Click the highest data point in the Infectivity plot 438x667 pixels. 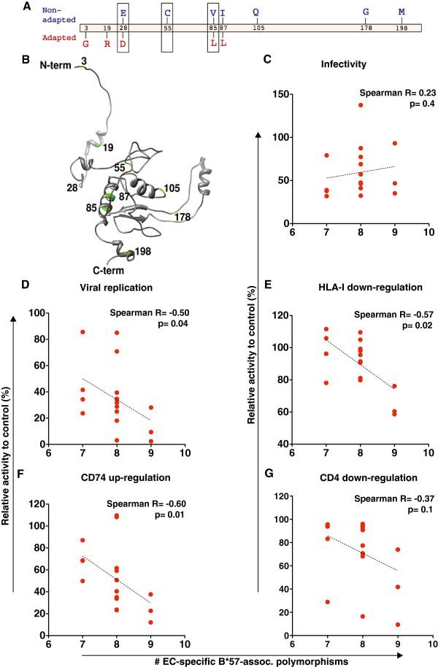pos(360,105)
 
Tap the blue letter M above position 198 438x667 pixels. pos(401,12)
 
